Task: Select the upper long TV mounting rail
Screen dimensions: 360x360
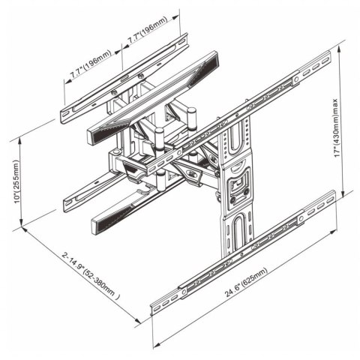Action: pos(247,112)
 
